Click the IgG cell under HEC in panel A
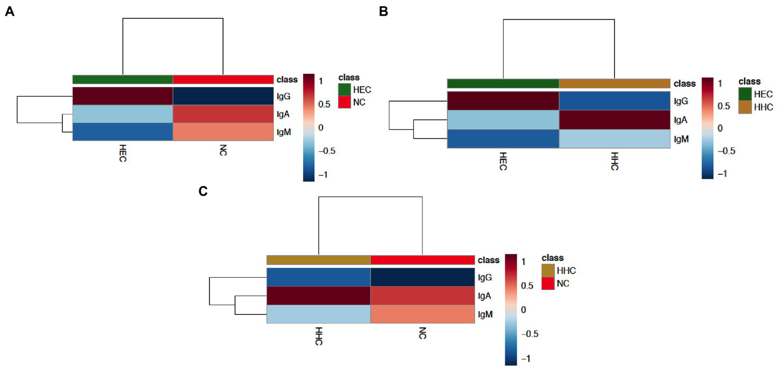tap(122, 96)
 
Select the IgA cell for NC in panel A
tap(223, 114)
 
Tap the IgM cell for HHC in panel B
tap(615, 138)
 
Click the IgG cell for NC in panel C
tap(423, 278)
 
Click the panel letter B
tap(384, 12)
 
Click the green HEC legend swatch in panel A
tap(344, 90)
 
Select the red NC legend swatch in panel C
tap(548, 283)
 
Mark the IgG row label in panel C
tap(483, 278)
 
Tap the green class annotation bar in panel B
tap(503, 84)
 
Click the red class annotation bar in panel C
tap(423, 260)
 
